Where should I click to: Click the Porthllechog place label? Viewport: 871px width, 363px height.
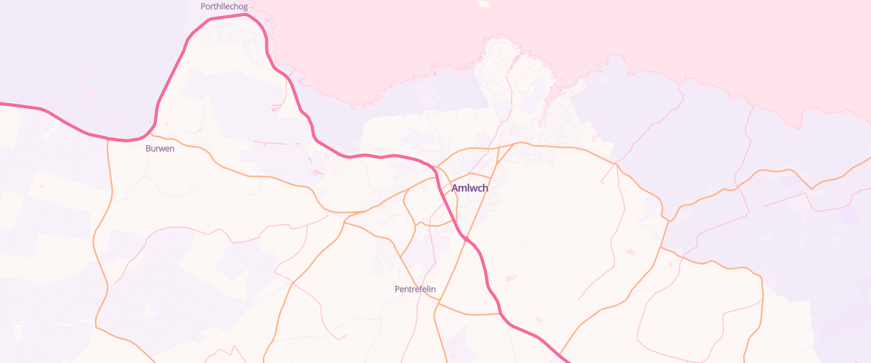coord(224,7)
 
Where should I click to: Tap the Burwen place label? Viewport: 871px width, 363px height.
coord(160,148)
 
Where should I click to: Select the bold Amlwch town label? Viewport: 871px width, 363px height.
coord(470,188)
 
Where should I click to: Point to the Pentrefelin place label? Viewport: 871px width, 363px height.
coord(414,289)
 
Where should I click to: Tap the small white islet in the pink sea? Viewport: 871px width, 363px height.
coord(482,4)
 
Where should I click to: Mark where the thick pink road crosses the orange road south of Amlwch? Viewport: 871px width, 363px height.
coord(465,238)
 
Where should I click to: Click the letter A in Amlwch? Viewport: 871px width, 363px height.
coord(455,188)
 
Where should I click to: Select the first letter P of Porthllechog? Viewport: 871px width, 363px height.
coord(203,7)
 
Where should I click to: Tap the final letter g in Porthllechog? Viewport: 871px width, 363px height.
coord(245,7)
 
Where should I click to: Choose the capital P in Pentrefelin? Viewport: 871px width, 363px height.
coord(397,289)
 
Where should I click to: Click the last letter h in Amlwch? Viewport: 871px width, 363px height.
coord(485,188)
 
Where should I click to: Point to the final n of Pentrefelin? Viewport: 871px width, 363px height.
coord(433,289)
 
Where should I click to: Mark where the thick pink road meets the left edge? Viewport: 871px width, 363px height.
coord(1,104)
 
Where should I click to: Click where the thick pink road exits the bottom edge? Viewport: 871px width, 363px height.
coord(565,361)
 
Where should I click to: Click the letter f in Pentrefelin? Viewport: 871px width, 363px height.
coord(420,289)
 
